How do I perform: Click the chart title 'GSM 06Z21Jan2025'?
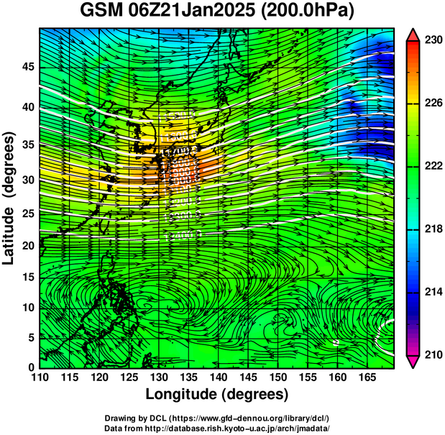170,12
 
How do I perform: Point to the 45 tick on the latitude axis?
27,67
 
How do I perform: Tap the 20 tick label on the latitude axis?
27,246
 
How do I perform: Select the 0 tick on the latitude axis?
31,367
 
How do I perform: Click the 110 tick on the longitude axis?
40,378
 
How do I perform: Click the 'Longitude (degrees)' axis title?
217,395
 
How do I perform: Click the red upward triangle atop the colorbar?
414,34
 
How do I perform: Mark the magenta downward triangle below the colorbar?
414,362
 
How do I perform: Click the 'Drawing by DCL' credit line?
217,418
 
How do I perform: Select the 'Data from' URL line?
217,428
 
